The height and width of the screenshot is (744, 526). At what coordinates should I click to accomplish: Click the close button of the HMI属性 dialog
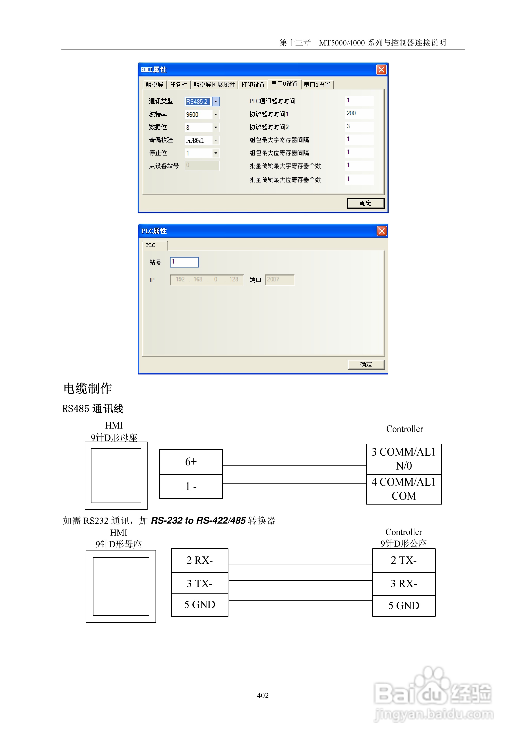[381, 70]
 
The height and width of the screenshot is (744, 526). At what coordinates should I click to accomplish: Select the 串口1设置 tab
[317, 85]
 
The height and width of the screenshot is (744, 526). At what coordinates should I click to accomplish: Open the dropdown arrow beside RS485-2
[216, 101]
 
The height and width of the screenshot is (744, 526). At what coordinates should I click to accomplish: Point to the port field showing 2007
[279, 280]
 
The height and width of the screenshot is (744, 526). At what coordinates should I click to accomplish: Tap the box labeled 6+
[191, 462]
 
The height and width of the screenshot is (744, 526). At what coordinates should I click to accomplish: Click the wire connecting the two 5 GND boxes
[300, 601]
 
